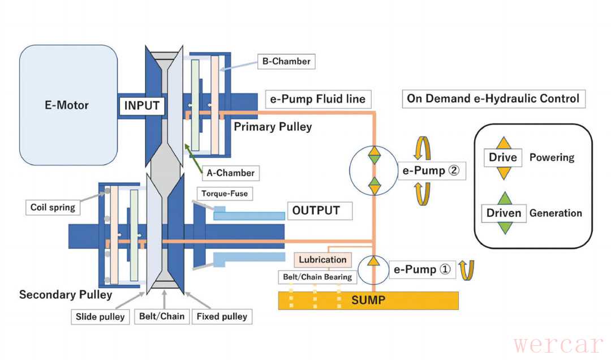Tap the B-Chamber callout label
click(285, 61)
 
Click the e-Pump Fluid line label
click(318, 99)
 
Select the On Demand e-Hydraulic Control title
click(493, 98)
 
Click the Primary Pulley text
click(273, 127)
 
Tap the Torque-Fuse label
click(225, 194)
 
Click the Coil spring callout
click(53, 207)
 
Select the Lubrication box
click(322, 260)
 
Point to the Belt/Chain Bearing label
click(317, 277)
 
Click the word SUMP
click(368, 300)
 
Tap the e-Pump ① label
click(422, 270)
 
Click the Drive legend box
click(503, 157)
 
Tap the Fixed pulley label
click(222, 316)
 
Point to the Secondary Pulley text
click(66, 295)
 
